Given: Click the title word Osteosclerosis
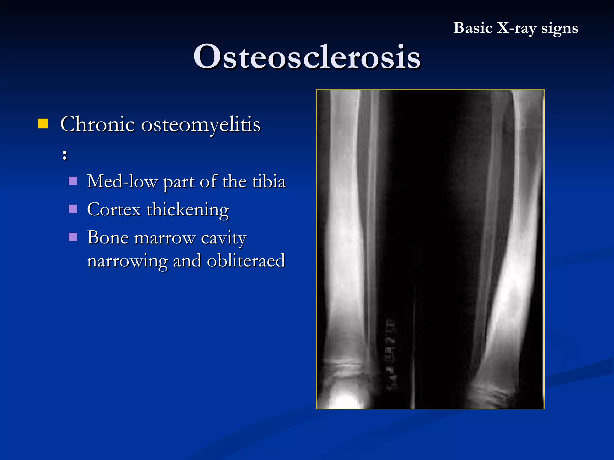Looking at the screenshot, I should (x=307, y=57).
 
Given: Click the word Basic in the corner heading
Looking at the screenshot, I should (x=473, y=28).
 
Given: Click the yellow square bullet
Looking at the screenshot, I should (x=43, y=123).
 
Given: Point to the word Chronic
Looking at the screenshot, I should (x=97, y=124).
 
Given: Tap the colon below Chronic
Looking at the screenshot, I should (x=65, y=155).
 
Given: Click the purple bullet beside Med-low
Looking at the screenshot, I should (x=73, y=181).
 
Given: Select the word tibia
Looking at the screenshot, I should (x=269, y=181).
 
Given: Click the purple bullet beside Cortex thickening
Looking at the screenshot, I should (x=73, y=209).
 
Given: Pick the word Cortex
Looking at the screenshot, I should (x=114, y=209).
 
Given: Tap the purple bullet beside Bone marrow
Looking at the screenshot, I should (x=73, y=237).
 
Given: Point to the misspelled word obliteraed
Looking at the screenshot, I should (x=246, y=261).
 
